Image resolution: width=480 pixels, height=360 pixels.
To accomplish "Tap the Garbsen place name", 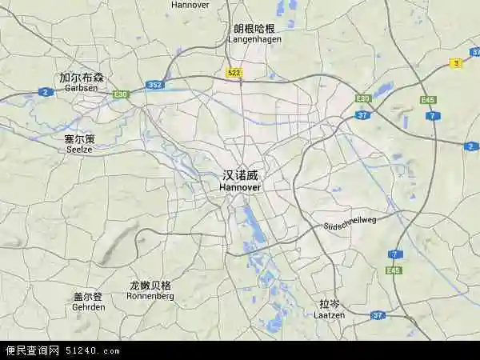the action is point(82,88).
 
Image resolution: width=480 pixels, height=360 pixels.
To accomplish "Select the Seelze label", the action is point(78,148).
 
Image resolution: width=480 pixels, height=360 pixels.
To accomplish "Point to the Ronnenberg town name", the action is point(150,295).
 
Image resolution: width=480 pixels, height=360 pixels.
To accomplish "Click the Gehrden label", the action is point(88,306).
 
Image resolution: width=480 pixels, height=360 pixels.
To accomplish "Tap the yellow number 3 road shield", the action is point(456,63).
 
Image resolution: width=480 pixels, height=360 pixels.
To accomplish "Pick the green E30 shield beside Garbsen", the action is point(120,94).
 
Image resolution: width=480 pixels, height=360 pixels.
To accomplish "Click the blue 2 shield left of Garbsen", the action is point(46,92).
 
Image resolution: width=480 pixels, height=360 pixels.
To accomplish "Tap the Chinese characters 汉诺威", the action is point(240,174).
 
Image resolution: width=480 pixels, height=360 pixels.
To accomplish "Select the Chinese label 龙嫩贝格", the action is point(150,285).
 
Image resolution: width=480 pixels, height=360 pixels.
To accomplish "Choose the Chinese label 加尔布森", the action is point(82,78).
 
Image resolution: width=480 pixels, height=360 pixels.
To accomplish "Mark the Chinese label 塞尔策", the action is point(79,138).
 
